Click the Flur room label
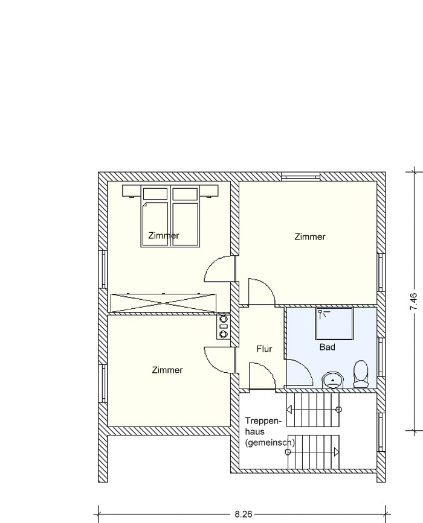coord(264,349)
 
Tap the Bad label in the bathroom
coord(327,347)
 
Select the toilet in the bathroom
coord(361,374)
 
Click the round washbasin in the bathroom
coord(333,380)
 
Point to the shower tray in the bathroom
coord(334,324)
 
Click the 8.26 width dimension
coord(244,514)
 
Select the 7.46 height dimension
coord(413,302)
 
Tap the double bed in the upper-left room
coord(170,216)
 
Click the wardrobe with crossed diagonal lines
coord(163,303)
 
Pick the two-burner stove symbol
coord(223,326)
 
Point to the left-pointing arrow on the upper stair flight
coord(289,409)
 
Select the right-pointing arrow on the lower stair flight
coord(336,452)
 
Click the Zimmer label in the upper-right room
coord(310,237)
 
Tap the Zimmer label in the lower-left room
coord(167,370)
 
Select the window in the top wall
coord(301,176)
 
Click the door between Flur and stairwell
coord(262,376)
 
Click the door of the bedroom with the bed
coord(219,268)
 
